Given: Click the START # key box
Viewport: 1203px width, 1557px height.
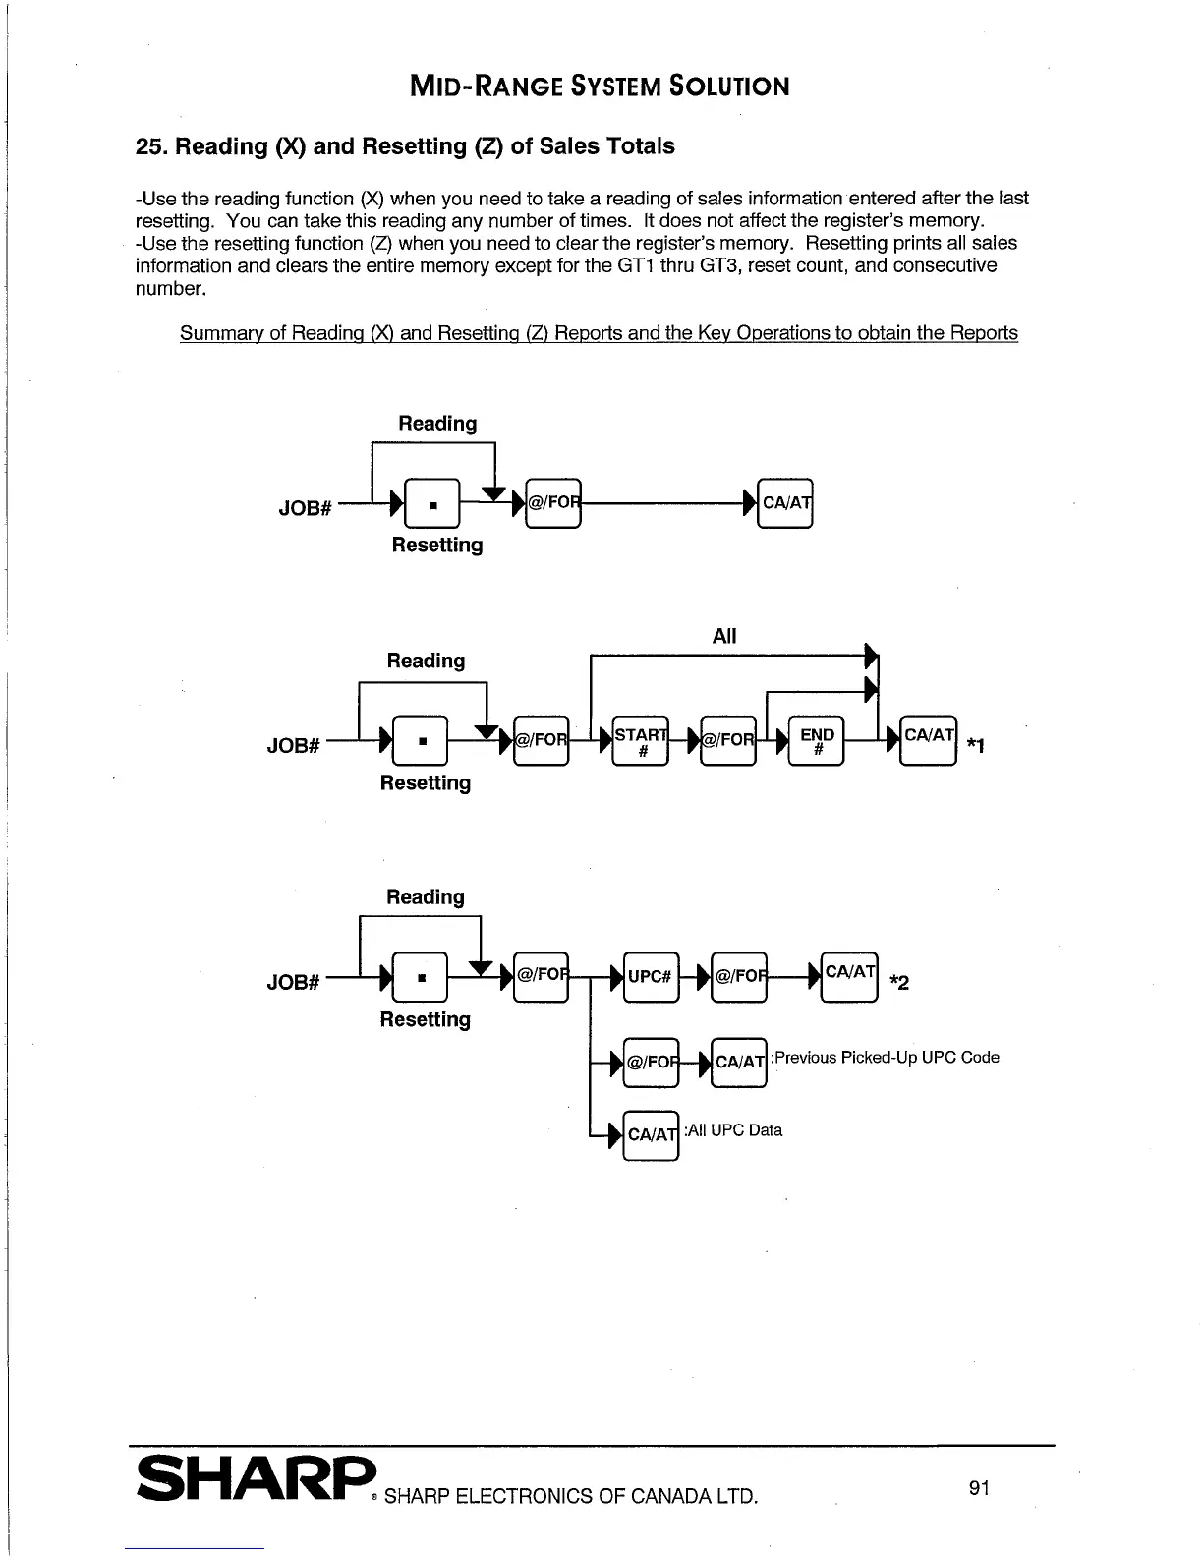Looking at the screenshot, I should pyautogui.click(x=640, y=740).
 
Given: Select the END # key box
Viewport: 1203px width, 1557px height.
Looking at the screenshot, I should pyautogui.click(x=816, y=740).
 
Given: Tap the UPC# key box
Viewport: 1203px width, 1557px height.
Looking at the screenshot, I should pyautogui.click(x=650, y=976).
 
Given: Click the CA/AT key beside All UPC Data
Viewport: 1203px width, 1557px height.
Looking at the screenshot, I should pyautogui.click(x=651, y=1134).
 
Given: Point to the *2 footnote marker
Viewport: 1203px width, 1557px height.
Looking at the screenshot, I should pyautogui.click(x=898, y=982).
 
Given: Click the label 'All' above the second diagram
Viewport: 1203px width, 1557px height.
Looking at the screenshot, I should pyautogui.click(x=723, y=636).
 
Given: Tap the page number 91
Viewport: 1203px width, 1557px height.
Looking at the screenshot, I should pyautogui.click(x=978, y=1488).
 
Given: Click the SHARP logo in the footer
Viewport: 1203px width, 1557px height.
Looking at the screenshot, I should pyautogui.click(x=256, y=1476).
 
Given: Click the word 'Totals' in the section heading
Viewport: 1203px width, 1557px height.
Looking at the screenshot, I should pyautogui.click(x=639, y=146).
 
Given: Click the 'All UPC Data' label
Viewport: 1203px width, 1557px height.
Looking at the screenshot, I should pyautogui.click(x=734, y=1130).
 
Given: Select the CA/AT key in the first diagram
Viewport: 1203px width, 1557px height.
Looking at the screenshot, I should pyautogui.click(x=785, y=503).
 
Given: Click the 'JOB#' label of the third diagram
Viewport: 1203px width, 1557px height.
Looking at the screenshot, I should pyautogui.click(x=293, y=982).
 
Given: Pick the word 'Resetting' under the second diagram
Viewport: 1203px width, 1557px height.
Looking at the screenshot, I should pyautogui.click(x=425, y=783).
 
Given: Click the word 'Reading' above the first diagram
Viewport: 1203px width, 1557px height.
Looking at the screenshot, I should pyautogui.click(x=436, y=424).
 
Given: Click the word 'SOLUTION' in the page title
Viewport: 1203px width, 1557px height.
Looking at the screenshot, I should pyautogui.click(x=728, y=86).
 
